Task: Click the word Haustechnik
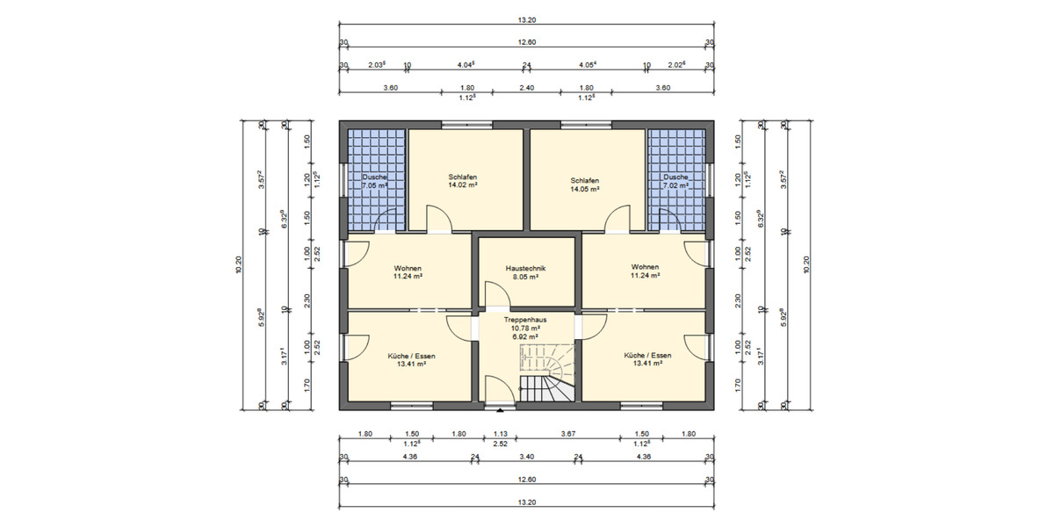[x=526, y=267]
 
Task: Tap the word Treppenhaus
[x=526, y=321]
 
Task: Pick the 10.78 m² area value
[x=526, y=328]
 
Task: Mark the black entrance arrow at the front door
[x=500, y=409]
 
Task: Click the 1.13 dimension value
[x=500, y=433]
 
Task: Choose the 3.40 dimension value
[x=526, y=457]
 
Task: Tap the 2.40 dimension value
[x=526, y=88]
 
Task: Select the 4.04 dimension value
[x=466, y=64]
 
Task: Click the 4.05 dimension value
[x=587, y=64]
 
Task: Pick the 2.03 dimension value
[x=376, y=64]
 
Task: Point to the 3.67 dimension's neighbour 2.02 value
[x=676, y=64]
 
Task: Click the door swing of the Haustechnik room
[x=494, y=294]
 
